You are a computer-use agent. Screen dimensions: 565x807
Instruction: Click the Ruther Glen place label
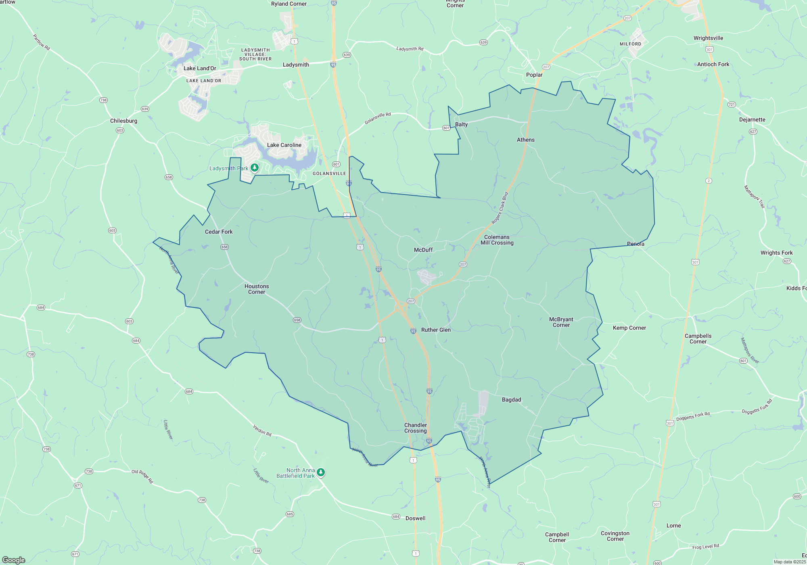[436, 330]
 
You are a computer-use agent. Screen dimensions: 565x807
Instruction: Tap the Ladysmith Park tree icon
[254, 167]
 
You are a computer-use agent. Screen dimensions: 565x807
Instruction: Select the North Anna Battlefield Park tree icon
[321, 472]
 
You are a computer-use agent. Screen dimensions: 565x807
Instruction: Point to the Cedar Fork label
[219, 232]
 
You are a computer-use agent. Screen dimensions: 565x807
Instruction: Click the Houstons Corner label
[257, 289]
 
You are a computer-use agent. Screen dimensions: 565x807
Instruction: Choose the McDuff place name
[423, 250]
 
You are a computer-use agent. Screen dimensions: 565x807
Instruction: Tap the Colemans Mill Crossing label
[497, 240]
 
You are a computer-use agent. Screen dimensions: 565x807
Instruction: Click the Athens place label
[526, 140]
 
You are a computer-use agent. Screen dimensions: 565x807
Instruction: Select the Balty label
[461, 124]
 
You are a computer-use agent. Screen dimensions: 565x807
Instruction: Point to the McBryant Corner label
[561, 322]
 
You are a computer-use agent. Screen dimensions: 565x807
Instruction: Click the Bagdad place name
[511, 400]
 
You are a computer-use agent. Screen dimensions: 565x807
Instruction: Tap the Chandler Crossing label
[416, 428]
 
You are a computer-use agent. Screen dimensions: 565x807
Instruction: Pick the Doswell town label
[415, 518]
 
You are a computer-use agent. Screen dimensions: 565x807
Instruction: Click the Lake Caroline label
[284, 145]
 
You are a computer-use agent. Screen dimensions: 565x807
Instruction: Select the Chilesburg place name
[123, 121]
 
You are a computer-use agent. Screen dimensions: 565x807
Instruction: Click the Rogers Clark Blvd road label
[500, 208]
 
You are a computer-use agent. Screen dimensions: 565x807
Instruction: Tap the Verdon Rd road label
[262, 430]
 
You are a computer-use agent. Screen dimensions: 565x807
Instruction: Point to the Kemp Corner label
[629, 328]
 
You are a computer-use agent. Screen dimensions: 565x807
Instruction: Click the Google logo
[14, 560]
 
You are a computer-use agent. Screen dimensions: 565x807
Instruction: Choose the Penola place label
[636, 244]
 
